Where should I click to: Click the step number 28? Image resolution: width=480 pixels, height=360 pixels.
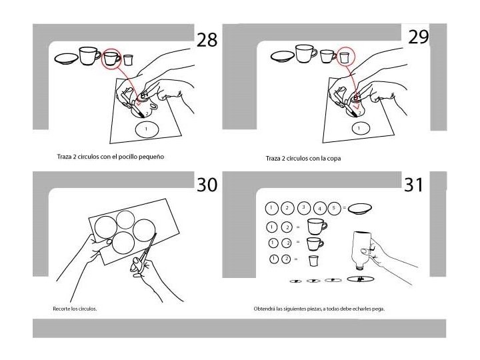pos(207,39)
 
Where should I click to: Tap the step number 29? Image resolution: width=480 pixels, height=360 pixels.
pos(419,37)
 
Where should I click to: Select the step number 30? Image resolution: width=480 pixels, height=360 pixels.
pos(207,184)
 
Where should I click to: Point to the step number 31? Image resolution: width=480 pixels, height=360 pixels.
pos(413,185)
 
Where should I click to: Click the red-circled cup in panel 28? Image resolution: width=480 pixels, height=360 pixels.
pos(112,58)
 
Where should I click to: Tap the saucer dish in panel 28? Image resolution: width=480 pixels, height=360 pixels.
pos(66,59)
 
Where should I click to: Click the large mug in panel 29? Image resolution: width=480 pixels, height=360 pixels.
pos(305,53)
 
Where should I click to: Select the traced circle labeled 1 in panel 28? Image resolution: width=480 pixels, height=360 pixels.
pos(147,129)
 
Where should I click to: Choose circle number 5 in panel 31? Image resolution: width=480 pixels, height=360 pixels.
pos(334,208)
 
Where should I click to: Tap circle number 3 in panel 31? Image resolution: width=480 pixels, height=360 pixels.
pos(304,207)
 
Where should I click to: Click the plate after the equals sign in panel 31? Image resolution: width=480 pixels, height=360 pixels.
pos(360,209)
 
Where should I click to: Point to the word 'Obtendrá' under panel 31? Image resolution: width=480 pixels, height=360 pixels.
pos(264,309)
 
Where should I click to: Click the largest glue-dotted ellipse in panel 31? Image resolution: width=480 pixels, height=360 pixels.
pos(361,279)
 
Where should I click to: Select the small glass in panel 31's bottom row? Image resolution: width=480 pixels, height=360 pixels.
pos(313,261)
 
